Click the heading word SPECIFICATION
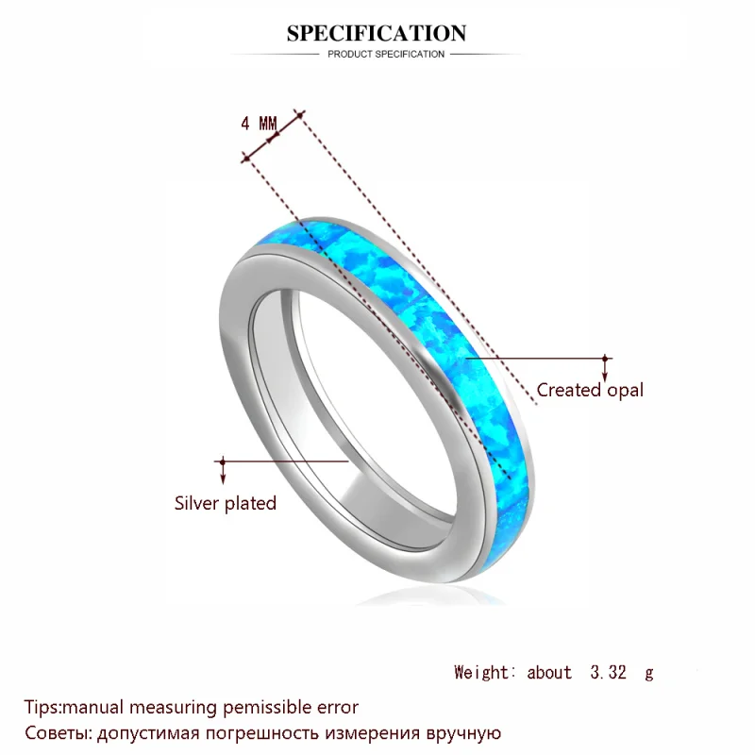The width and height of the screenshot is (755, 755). pyautogui.click(x=377, y=34)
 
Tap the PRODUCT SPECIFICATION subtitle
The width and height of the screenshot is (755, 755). pyautogui.click(x=386, y=54)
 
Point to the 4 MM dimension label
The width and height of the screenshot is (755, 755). pyautogui.click(x=259, y=124)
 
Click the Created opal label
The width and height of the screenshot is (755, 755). pyautogui.click(x=590, y=390)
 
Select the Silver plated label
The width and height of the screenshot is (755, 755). pyautogui.click(x=226, y=503)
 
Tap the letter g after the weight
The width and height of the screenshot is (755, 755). pyautogui.click(x=648, y=672)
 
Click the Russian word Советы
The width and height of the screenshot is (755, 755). pyautogui.click(x=55, y=731)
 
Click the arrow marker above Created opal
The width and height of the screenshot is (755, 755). pyautogui.click(x=605, y=360)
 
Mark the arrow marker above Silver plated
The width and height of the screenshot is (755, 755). pyautogui.click(x=223, y=462)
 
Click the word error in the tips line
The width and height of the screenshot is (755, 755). pyautogui.click(x=337, y=706)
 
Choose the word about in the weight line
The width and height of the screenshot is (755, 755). pyautogui.click(x=549, y=672)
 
